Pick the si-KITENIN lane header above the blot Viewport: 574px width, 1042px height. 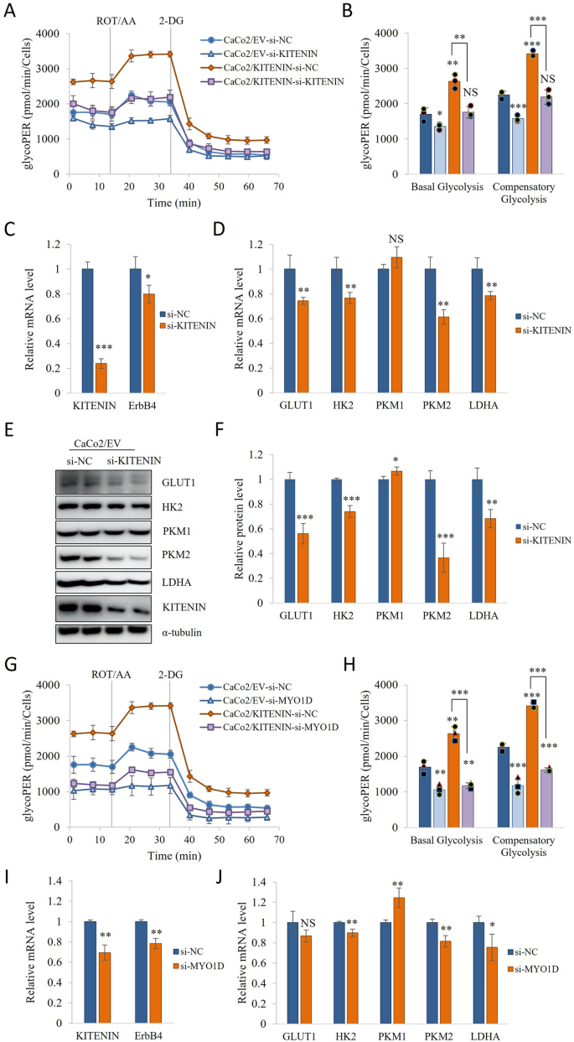point(132,460)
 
